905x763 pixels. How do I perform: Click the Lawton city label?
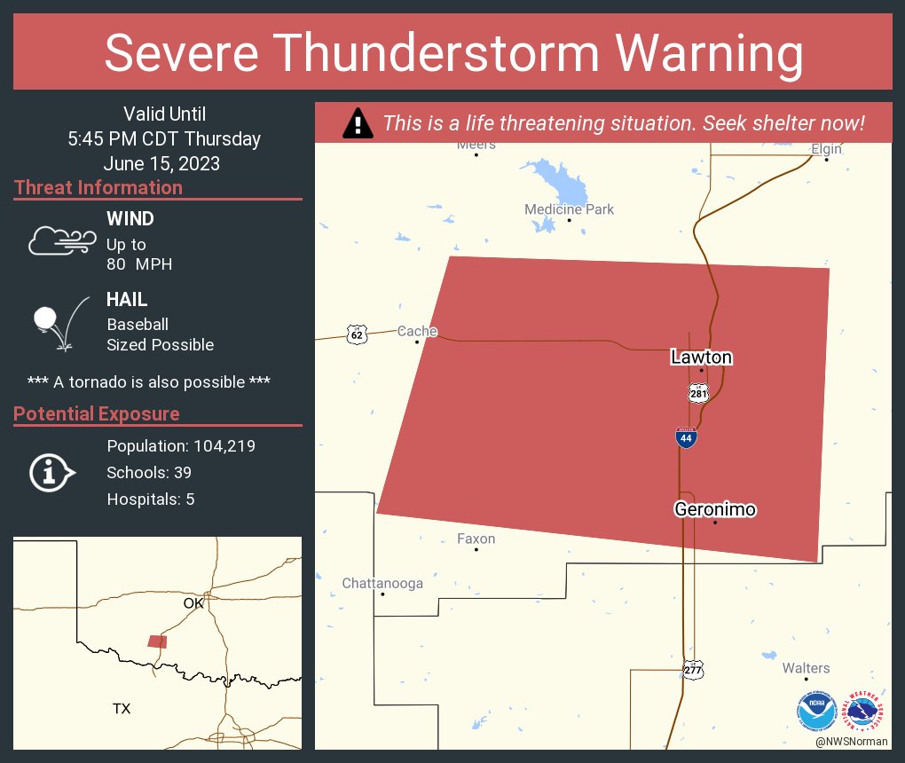(x=701, y=358)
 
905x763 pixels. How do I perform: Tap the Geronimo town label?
(x=715, y=509)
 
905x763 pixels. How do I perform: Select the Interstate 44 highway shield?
(x=686, y=437)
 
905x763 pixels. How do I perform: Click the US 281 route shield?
(x=698, y=392)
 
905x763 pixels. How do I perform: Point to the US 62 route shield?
(x=357, y=334)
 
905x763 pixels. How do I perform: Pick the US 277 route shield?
(x=693, y=670)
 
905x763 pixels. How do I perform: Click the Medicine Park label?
(x=569, y=209)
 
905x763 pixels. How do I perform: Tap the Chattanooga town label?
(x=382, y=583)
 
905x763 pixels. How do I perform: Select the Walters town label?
(x=806, y=668)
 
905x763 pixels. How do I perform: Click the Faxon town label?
(x=476, y=539)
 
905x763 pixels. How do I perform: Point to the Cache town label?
(x=417, y=331)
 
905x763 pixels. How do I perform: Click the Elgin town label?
(x=826, y=149)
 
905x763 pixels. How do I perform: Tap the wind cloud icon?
(x=61, y=240)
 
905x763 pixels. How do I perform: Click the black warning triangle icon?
(x=358, y=123)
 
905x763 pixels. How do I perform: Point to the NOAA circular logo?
(x=816, y=711)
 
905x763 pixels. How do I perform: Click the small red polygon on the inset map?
(x=157, y=641)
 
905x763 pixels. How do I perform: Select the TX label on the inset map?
(x=122, y=708)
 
